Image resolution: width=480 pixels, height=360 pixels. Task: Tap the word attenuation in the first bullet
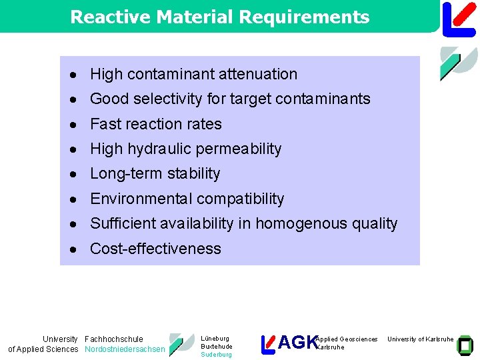pos(255,74)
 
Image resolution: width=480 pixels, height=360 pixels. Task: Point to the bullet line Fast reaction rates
pos(155,124)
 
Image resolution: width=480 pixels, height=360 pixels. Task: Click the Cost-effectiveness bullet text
pos(155,249)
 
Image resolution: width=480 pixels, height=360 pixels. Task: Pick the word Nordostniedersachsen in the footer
pos(125,349)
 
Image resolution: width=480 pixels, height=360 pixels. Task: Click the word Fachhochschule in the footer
pos(114,339)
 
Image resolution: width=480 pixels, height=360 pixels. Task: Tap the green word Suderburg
pos(216,355)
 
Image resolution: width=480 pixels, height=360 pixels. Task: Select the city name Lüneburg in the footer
pos(215,339)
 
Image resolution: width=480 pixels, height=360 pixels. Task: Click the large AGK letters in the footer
pos(297,343)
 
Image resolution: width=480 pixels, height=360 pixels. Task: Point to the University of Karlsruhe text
pos(421,339)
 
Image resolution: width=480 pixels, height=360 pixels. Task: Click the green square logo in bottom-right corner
pos(466,344)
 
